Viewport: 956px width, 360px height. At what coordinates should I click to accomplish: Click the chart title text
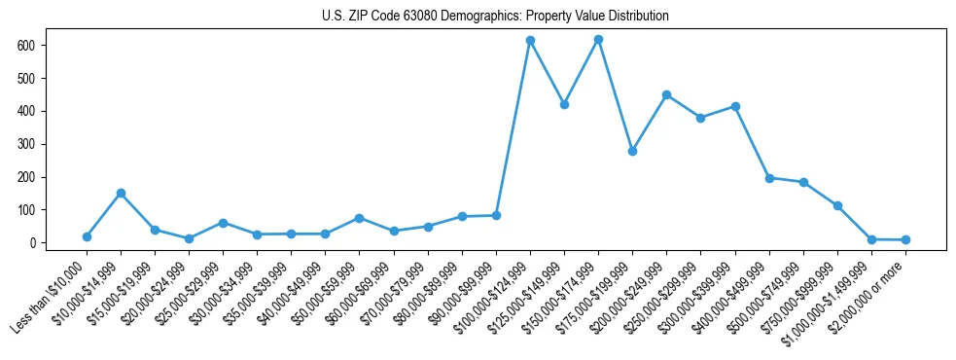(495, 17)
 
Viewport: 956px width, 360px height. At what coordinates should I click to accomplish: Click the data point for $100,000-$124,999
(530, 41)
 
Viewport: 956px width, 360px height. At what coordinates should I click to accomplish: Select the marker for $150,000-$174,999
(598, 40)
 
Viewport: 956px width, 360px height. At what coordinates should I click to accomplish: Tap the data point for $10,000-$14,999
(121, 193)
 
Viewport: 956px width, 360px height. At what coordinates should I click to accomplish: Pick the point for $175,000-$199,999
(632, 151)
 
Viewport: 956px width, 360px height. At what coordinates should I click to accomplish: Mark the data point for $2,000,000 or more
(905, 239)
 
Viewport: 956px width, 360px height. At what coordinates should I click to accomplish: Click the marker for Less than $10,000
(87, 236)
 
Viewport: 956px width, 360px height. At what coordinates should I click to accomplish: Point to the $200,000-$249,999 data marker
(666, 94)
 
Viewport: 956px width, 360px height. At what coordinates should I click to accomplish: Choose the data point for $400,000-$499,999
(769, 178)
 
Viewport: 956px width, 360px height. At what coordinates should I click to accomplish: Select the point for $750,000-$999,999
(837, 205)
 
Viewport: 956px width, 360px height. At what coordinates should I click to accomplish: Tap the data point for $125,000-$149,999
(564, 104)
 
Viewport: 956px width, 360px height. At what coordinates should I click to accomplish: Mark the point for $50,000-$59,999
(359, 218)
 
